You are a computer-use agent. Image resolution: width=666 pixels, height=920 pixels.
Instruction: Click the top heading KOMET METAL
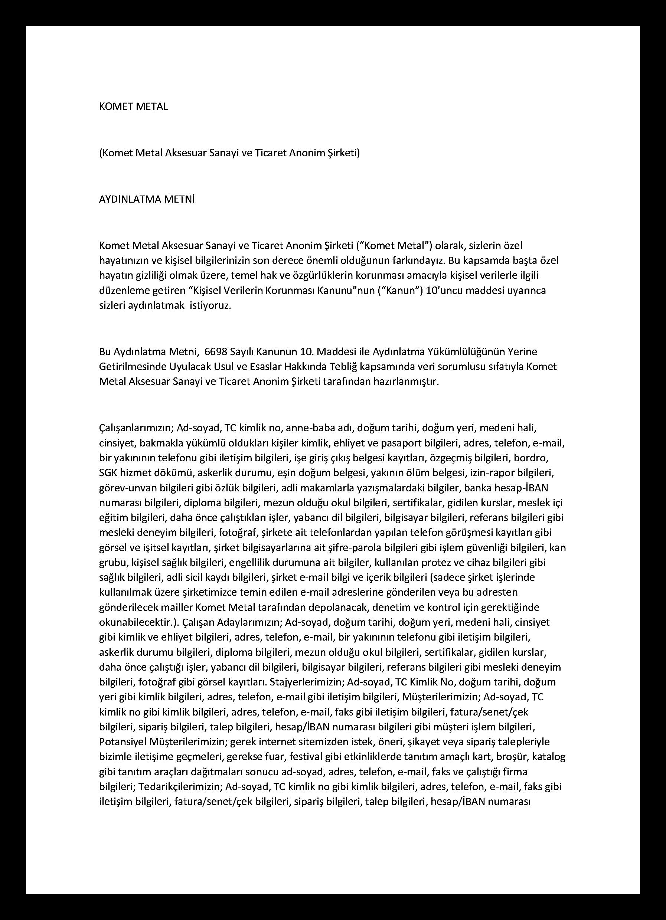click(133, 107)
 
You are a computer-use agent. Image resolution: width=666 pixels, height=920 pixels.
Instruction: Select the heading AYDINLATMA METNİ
click(147, 200)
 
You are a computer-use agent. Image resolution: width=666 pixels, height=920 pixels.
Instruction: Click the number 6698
click(217, 351)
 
